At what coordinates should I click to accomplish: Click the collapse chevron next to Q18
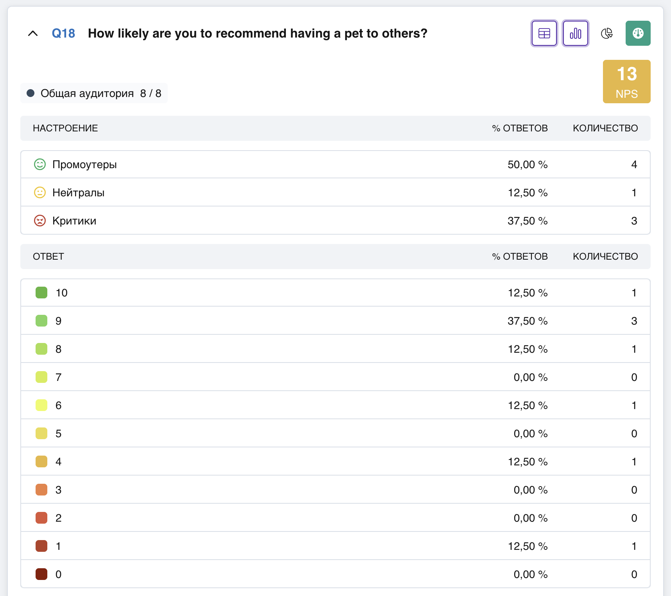[33, 34]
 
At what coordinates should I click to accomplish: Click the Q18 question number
[63, 34]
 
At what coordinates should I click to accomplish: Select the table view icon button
[544, 33]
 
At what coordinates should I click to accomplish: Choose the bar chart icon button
[576, 33]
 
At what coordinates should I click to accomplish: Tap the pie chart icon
[606, 34]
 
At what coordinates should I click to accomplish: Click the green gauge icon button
[638, 33]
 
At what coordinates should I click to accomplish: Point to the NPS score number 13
[627, 74]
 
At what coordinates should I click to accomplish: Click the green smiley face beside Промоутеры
[40, 164]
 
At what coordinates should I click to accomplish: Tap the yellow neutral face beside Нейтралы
[40, 192]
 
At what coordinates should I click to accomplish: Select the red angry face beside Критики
[40, 221]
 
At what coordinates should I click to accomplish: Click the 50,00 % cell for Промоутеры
[527, 165]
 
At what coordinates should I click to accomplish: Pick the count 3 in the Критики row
[634, 221]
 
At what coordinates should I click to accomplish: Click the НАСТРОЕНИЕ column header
[65, 128]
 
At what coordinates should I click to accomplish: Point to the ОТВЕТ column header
[48, 257]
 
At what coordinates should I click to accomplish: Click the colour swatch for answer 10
[41, 293]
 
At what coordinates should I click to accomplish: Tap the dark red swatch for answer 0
[41, 574]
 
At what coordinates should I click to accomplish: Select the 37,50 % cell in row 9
[527, 321]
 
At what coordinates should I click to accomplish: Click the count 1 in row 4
[634, 462]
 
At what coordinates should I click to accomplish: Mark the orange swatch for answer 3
[41, 490]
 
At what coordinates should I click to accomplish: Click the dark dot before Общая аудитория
[30, 93]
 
